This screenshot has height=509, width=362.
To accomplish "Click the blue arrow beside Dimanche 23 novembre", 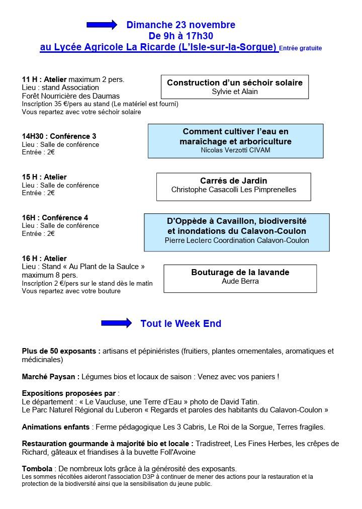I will pos(102,24).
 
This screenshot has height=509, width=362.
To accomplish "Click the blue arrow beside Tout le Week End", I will pos(116,323).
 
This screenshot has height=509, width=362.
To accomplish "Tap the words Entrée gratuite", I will pos(300,48).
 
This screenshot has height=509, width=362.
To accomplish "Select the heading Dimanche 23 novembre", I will pos(180,25).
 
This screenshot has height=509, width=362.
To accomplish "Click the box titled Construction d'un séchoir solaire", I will pos(235,87).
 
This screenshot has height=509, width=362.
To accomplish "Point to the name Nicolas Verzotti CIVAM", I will pos(235,150).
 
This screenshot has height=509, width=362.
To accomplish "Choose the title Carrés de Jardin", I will pos(233,181).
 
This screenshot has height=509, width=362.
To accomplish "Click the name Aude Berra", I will pos(240,281).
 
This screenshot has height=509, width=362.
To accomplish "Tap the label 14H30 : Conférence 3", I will pos(59,136).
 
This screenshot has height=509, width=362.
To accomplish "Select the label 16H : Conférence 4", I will pos(55,218).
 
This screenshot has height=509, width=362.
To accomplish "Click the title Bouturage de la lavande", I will pos(240,272).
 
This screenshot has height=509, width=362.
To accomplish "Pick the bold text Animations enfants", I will pos(56,427).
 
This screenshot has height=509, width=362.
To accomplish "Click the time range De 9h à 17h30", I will pos(180,36).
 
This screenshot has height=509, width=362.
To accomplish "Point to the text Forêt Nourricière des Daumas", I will pos(70,96).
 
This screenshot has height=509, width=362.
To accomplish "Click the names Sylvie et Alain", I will pos(235,92).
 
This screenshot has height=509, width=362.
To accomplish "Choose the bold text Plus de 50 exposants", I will pos(60,351).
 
